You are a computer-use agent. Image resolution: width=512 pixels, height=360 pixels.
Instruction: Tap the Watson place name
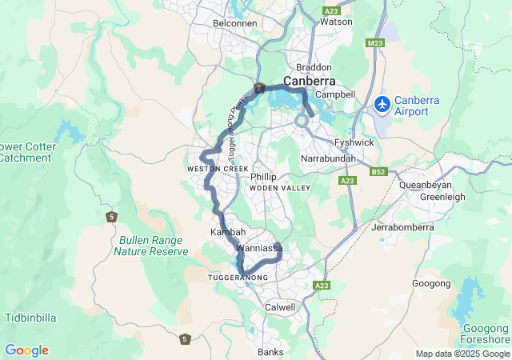click(x=336, y=22)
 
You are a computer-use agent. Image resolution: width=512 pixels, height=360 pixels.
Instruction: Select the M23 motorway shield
click(x=377, y=43)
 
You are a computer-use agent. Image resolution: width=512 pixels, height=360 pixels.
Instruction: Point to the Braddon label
click(x=313, y=67)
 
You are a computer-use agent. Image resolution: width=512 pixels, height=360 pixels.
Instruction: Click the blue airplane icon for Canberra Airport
click(x=382, y=104)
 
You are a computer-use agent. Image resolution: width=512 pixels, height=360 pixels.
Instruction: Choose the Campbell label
click(x=339, y=94)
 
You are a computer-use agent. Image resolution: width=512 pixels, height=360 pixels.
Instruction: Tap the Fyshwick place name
click(x=354, y=142)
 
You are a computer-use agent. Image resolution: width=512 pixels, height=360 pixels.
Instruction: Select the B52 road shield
click(x=379, y=171)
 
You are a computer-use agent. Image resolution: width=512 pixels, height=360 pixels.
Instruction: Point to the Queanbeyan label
click(x=428, y=185)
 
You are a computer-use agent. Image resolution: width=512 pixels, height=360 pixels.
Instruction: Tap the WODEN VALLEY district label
click(x=279, y=187)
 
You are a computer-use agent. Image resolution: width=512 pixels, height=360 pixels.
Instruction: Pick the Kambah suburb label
click(x=227, y=232)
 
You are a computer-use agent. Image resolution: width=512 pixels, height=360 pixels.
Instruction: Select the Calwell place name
click(x=280, y=306)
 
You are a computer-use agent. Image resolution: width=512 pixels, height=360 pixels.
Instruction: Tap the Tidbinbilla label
click(x=30, y=318)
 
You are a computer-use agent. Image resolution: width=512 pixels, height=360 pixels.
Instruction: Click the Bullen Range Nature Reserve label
click(x=151, y=246)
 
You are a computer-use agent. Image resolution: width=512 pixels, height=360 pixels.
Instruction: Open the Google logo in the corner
click(x=26, y=350)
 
